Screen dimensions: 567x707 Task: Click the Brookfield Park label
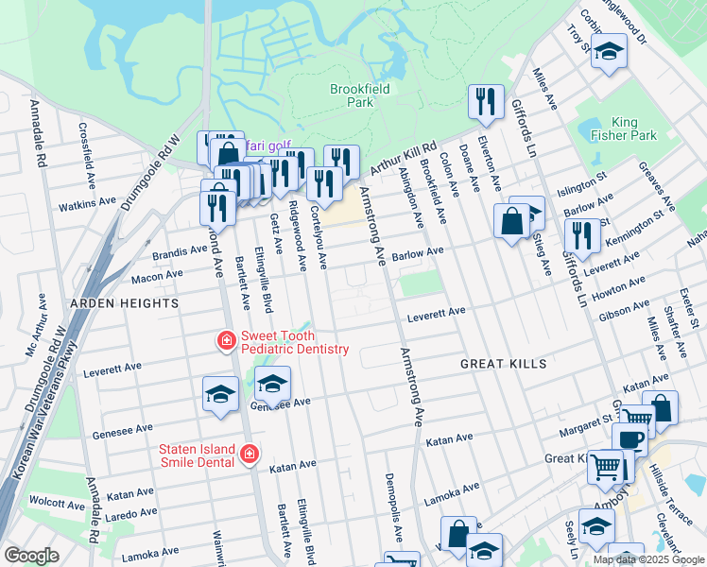click(360, 94)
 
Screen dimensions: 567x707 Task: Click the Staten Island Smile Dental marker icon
click(249, 455)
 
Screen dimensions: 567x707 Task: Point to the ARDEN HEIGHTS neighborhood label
click(123, 303)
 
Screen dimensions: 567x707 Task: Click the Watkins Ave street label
click(87, 203)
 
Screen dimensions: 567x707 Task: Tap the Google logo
click(32, 556)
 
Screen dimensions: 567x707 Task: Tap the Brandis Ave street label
click(181, 252)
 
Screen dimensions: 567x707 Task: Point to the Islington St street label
click(583, 181)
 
